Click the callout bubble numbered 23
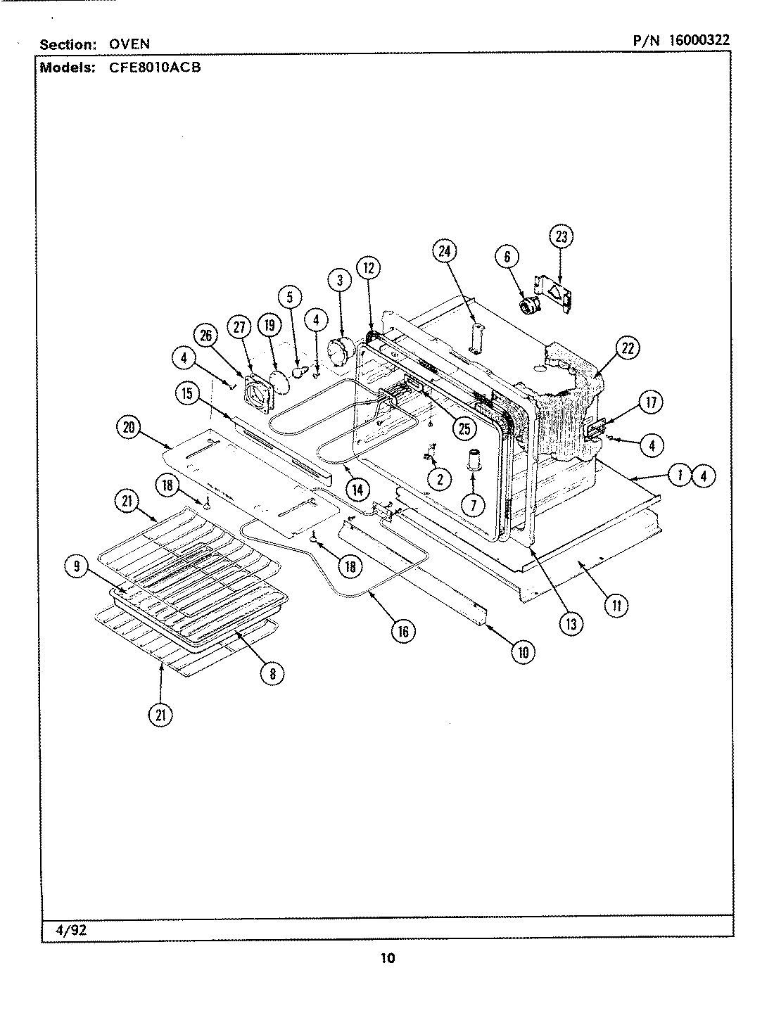point(561,237)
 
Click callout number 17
point(651,402)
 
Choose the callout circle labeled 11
point(616,605)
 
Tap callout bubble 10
point(523,652)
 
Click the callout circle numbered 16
point(402,631)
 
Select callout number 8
point(272,673)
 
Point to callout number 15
point(187,394)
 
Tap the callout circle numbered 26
point(206,336)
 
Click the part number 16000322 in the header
point(699,40)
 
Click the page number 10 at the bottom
point(388,957)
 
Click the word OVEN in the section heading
point(129,44)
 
